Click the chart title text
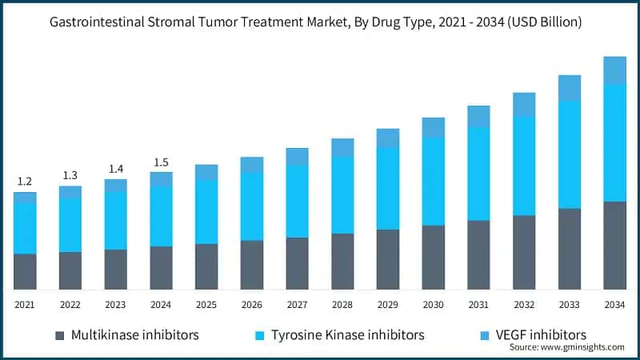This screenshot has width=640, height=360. [x=320, y=22]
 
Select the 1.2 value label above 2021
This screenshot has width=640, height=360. [x=25, y=182]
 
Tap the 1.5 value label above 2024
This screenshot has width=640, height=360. [x=161, y=162]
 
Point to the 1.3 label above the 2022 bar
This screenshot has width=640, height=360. [x=70, y=176]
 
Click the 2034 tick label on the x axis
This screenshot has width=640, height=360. [x=614, y=305]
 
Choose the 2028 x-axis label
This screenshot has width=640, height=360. [x=342, y=305]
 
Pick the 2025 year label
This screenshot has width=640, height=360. [x=206, y=305]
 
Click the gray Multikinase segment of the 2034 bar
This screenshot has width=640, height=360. [x=614, y=245]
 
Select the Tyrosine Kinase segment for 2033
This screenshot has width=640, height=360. [x=570, y=154]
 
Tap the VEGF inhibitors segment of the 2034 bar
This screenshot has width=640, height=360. [x=614, y=70]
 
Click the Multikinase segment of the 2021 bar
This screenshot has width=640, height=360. [x=25, y=271]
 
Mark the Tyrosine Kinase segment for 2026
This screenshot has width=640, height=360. [x=252, y=206]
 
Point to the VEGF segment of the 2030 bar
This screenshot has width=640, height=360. [x=434, y=127]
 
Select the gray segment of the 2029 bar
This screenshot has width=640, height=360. [x=388, y=259]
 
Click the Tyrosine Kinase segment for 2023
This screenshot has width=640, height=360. [x=116, y=220]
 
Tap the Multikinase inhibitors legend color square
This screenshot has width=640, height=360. [x=59, y=334]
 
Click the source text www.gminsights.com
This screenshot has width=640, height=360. [x=577, y=347]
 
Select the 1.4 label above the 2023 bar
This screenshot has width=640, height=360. [x=116, y=169]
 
